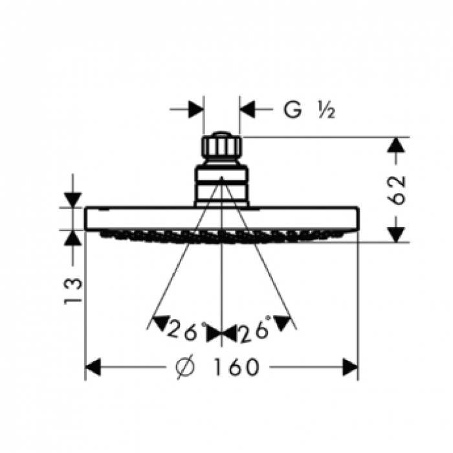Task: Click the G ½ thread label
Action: pyautogui.click(x=309, y=109)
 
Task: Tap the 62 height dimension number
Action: pyautogui.click(x=396, y=190)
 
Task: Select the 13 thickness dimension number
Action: pyautogui.click(x=72, y=291)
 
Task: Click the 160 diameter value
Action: pyautogui.click(x=236, y=367)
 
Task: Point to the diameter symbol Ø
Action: pyautogui.click(x=185, y=367)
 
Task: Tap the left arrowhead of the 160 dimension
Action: pyautogui.click(x=93, y=367)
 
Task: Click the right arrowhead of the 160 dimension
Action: pyautogui.click(x=350, y=367)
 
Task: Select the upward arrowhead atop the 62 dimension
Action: pyautogui.click(x=396, y=145)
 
